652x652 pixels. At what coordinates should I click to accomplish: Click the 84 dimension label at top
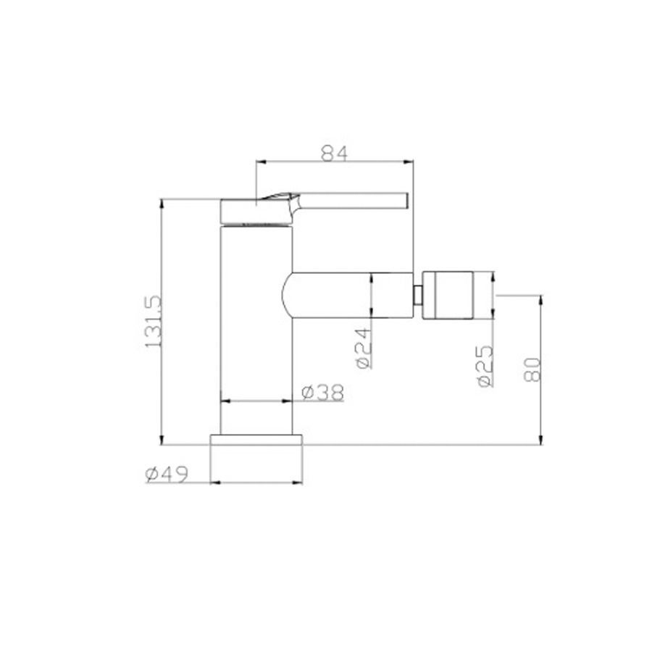[334, 153]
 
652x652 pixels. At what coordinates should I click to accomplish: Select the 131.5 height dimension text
[153, 322]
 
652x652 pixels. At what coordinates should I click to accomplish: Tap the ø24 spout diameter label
[364, 348]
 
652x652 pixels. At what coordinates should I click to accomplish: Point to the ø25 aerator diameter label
[485, 366]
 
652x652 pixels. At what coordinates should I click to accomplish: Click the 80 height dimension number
[532, 369]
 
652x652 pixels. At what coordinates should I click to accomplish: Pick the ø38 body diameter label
[323, 392]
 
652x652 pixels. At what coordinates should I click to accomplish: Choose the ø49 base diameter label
[167, 475]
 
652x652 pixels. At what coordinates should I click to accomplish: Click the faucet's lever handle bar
[354, 200]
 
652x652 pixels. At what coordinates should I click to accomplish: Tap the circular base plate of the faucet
[256, 440]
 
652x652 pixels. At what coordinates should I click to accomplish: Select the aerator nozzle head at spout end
[448, 296]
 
